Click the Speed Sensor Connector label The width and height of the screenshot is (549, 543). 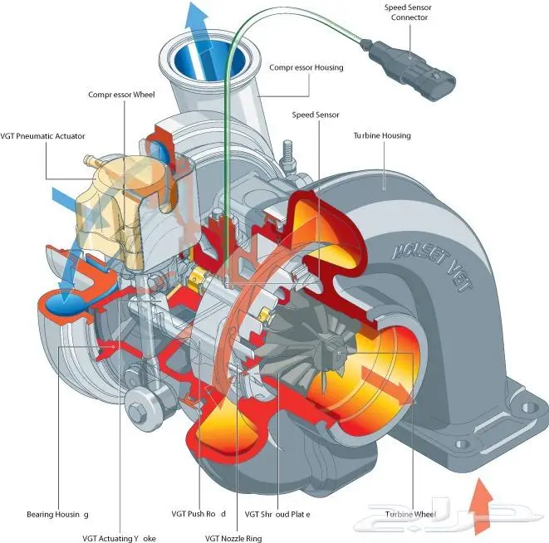[x=408, y=12]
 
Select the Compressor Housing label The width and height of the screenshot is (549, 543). [x=306, y=68]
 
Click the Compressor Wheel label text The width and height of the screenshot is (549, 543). [x=121, y=95]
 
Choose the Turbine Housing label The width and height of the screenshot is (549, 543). [x=382, y=135]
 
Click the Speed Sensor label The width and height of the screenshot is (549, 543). [x=316, y=115]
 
